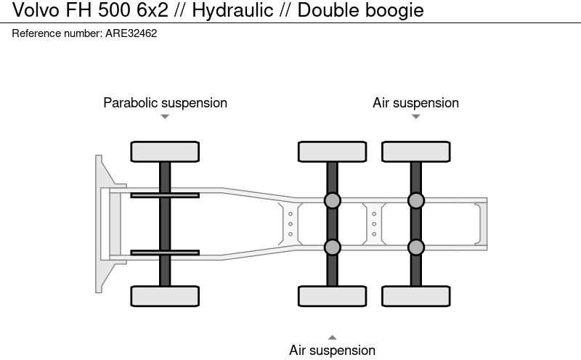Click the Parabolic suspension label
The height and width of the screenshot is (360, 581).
(x=165, y=103)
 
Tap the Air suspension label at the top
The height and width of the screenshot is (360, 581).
(x=415, y=103)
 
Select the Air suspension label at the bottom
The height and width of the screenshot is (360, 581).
(x=332, y=351)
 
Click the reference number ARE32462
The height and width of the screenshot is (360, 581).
(x=131, y=33)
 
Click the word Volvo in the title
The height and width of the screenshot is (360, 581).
(x=29, y=10)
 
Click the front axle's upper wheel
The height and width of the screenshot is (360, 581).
(x=165, y=152)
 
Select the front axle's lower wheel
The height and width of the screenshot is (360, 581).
(x=165, y=296)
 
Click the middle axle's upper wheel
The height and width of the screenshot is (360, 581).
(x=332, y=152)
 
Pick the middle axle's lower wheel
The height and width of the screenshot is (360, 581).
(x=332, y=296)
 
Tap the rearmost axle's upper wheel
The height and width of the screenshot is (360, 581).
(x=415, y=152)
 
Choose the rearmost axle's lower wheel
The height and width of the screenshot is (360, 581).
(x=415, y=296)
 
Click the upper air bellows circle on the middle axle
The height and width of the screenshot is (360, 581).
(x=332, y=200)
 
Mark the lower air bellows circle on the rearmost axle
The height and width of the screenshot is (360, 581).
(x=415, y=247)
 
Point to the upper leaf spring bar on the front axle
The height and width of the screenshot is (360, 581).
(x=165, y=195)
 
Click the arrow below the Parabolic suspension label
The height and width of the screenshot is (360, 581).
(x=165, y=117)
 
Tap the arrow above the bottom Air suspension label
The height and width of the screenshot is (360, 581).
(x=332, y=337)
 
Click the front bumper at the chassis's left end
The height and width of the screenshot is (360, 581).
(x=102, y=224)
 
